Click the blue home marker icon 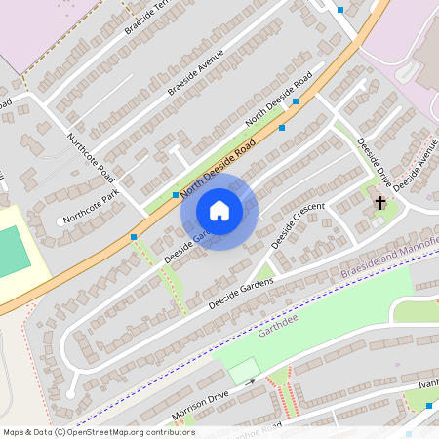219,211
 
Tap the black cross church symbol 380,204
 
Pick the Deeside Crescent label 298,224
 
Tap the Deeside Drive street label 374,158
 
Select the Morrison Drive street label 200,401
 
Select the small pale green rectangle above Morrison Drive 244,371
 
